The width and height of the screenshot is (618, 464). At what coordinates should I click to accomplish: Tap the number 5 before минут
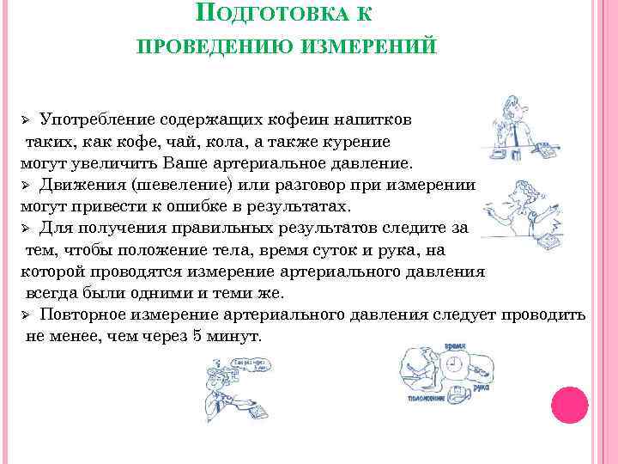pos(197,337)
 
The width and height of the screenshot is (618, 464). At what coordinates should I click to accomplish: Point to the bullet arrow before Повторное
pos(26,314)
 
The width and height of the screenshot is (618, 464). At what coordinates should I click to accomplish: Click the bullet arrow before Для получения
pos(26,229)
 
